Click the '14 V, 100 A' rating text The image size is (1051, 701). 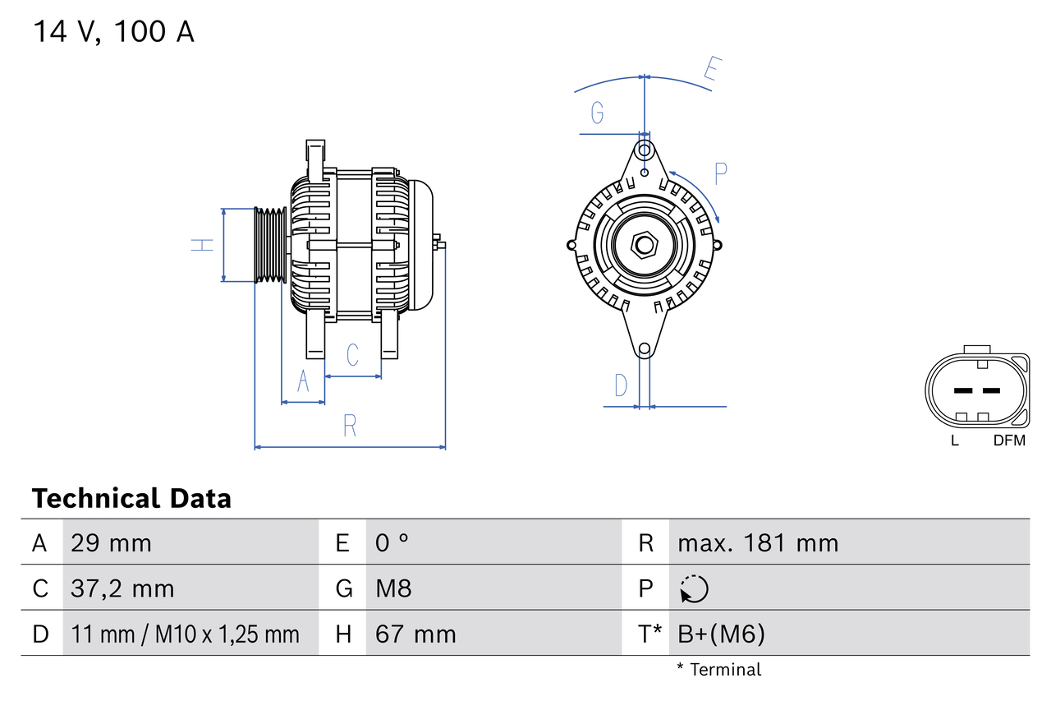[x=113, y=32]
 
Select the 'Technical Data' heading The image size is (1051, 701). [x=131, y=499]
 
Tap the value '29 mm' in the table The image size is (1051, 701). [x=111, y=543]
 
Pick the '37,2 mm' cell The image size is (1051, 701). [x=122, y=589]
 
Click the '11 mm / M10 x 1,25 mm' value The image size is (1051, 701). [x=185, y=634]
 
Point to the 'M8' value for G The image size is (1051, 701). [x=393, y=589]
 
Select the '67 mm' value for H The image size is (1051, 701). [x=415, y=634]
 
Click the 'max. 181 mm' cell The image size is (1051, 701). [x=758, y=543]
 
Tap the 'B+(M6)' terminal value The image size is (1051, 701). [x=721, y=634]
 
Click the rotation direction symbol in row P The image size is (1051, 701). [x=694, y=589]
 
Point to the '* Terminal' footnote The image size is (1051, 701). [x=718, y=670]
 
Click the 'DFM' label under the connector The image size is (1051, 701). [x=1009, y=440]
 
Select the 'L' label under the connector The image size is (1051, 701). [x=954, y=440]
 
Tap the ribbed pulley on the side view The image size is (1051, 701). [x=270, y=245]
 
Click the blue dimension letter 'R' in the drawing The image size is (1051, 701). [x=350, y=426]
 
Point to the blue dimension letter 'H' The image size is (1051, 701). [x=202, y=244]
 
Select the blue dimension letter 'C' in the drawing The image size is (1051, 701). [x=352, y=355]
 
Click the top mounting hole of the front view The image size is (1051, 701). [x=645, y=151]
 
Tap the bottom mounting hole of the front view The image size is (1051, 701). [x=645, y=349]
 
